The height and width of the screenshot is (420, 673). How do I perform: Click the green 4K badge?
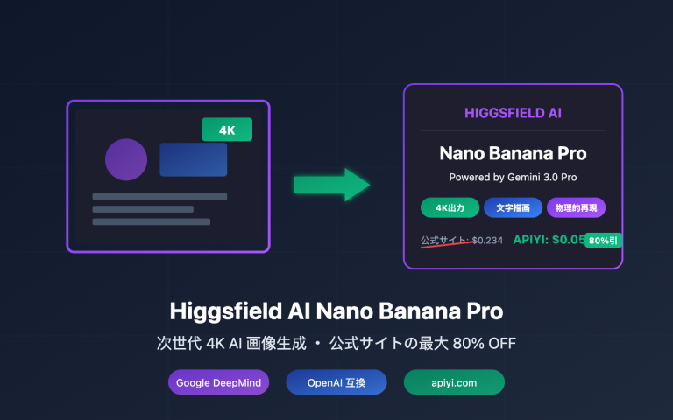tap(227, 129)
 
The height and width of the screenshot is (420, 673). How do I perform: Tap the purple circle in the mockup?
tap(126, 159)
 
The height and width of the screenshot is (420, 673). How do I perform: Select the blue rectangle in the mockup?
tap(193, 159)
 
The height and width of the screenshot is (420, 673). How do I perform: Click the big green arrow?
tap(331, 184)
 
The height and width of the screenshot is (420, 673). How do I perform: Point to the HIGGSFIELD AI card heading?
tap(513, 113)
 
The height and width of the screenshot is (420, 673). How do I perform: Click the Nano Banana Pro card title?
tap(513, 153)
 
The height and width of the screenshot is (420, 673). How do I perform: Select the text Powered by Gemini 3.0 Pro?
tap(513, 177)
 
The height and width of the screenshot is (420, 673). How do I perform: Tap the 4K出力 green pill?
tap(450, 207)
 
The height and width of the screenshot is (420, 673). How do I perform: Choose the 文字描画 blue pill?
tap(513, 207)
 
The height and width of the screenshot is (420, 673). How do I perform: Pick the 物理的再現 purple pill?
tap(576, 207)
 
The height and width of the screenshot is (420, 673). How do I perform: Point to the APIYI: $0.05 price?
tap(549, 239)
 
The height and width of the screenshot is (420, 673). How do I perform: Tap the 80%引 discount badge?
tap(603, 240)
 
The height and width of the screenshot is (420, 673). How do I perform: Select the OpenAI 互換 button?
tap(336, 382)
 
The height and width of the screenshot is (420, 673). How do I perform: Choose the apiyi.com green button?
tap(454, 382)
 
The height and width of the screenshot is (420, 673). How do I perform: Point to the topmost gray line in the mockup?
tap(159, 196)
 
